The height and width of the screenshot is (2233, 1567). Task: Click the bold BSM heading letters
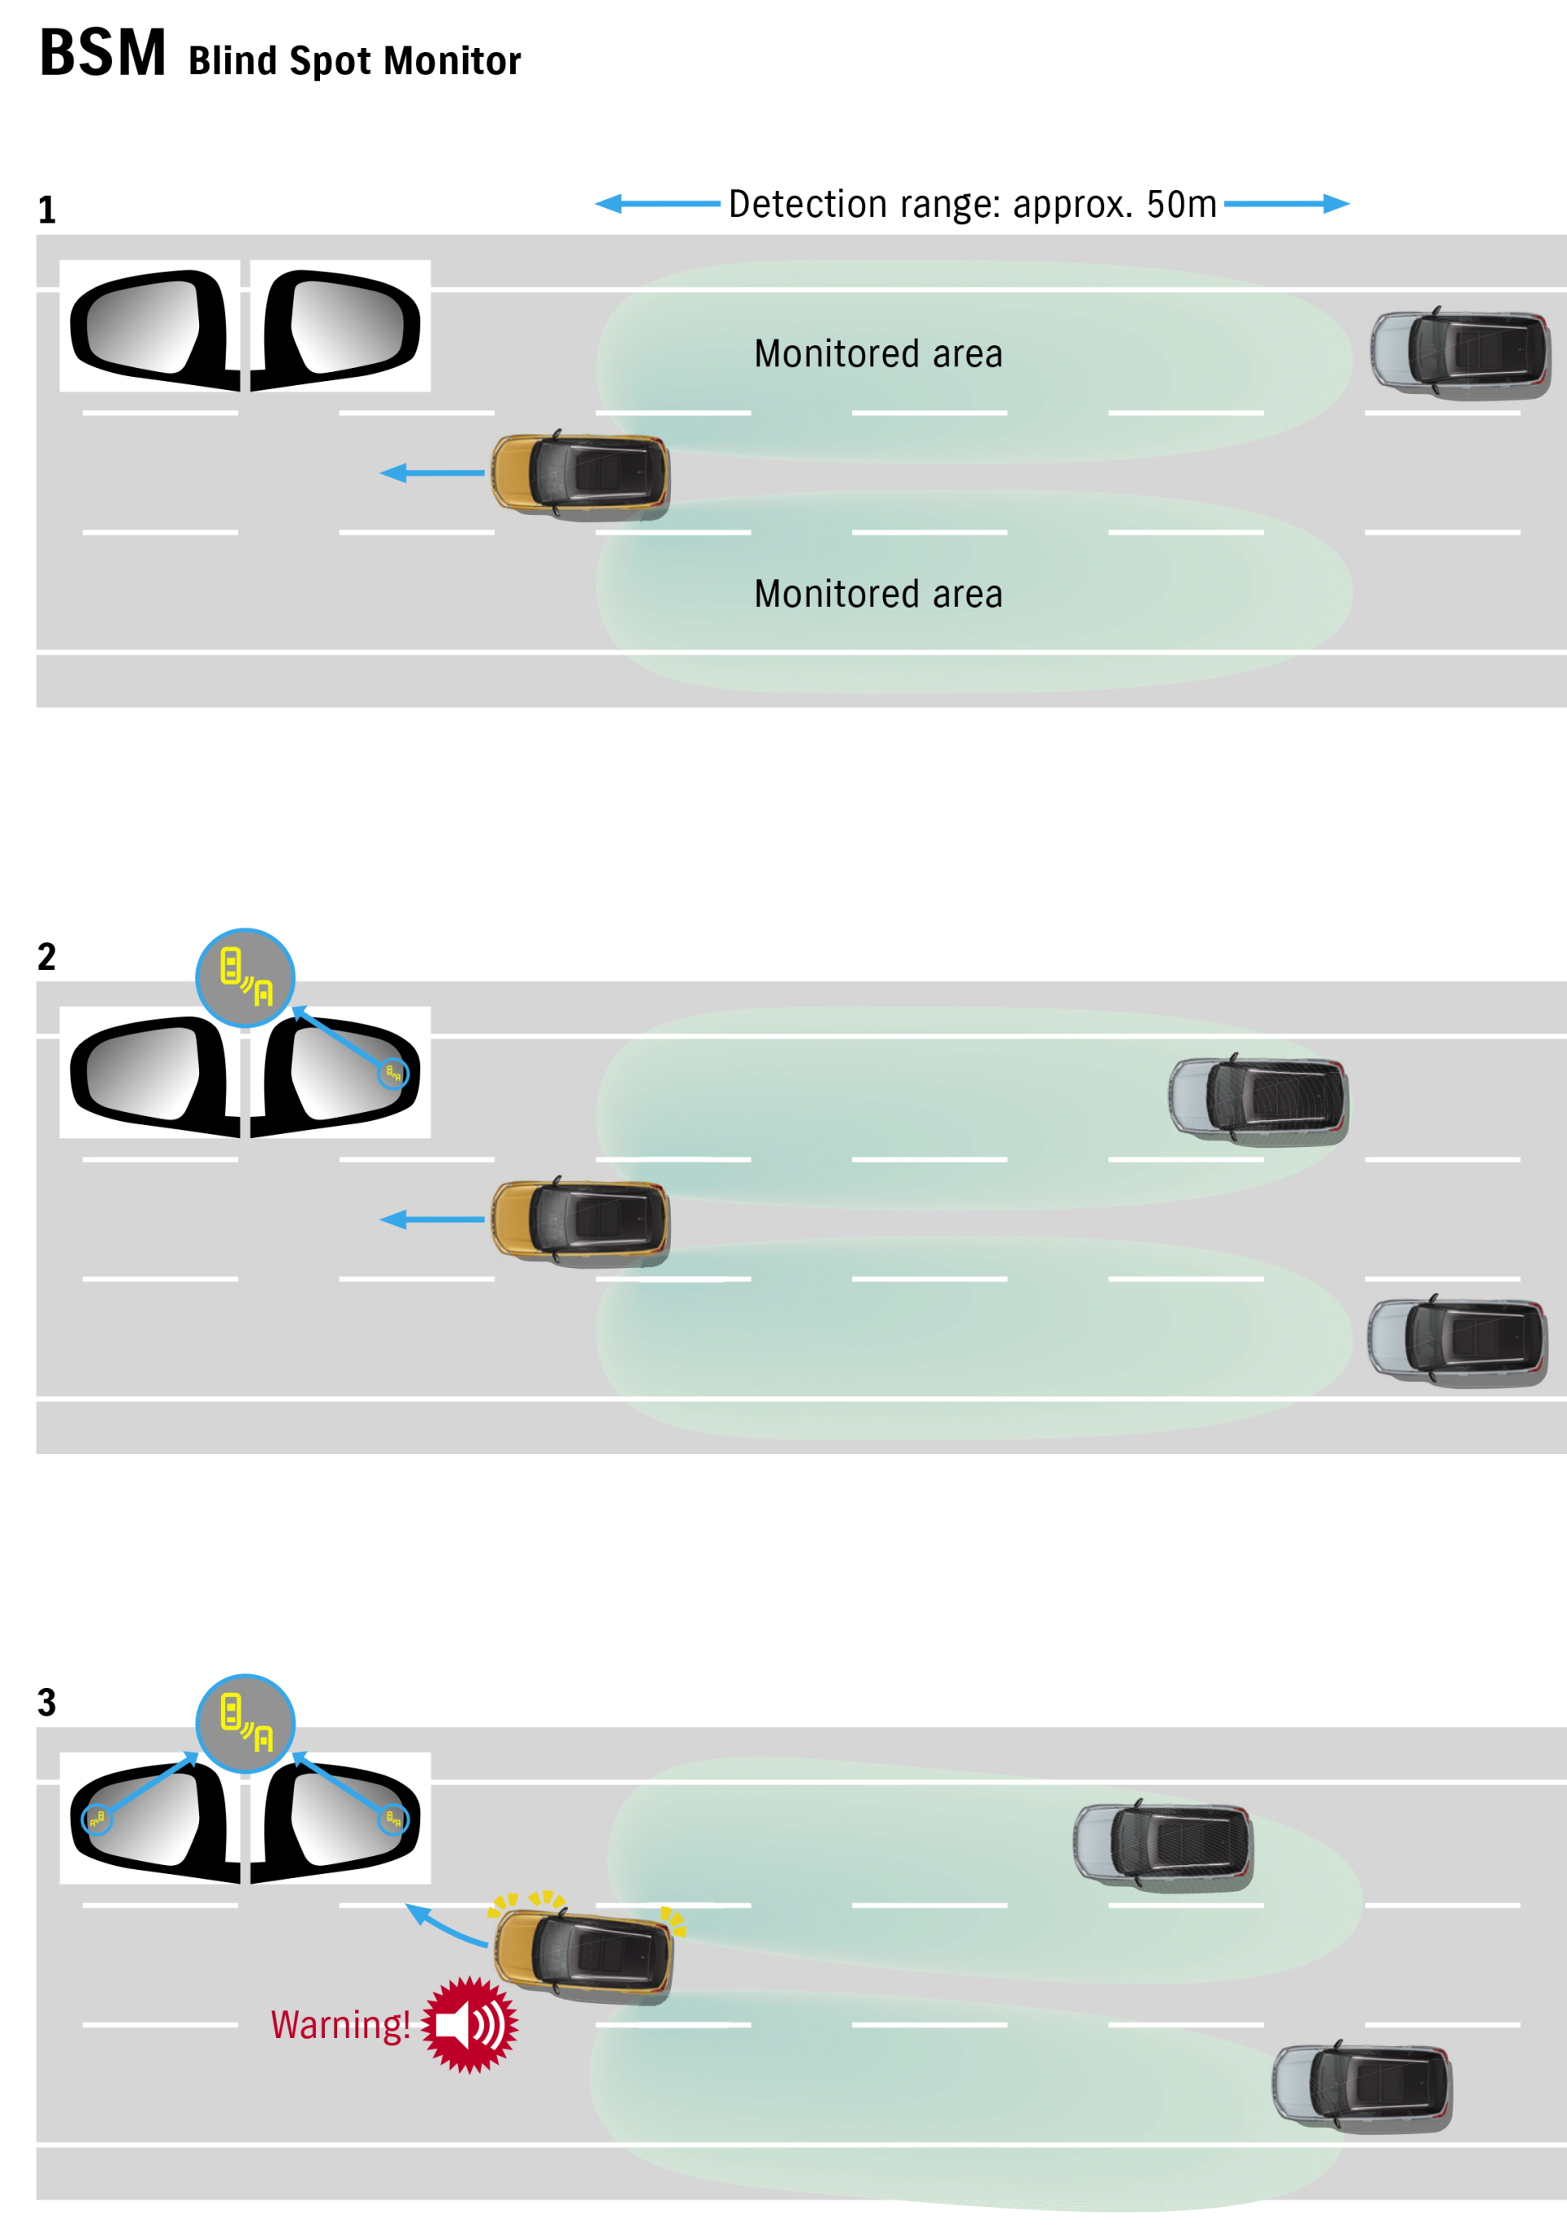(102, 54)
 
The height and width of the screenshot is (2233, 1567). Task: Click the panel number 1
(47, 210)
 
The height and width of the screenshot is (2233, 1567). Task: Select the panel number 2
(47, 957)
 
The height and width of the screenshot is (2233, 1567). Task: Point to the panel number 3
(47, 1702)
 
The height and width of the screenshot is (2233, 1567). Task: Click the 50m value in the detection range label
(1181, 204)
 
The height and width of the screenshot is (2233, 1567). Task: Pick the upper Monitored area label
(877, 354)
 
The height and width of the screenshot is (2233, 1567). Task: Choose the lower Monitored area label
(877, 594)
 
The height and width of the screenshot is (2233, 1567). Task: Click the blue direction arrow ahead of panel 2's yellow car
(432, 1219)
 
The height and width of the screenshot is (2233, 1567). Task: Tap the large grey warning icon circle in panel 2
(245, 977)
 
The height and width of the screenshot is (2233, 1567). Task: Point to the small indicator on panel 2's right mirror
(393, 1073)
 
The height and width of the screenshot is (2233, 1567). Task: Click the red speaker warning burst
(471, 2025)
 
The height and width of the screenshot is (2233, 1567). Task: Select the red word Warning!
(340, 2025)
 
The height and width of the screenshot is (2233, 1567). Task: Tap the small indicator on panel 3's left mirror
(96, 1819)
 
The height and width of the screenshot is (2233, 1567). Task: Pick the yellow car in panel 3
(582, 1955)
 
